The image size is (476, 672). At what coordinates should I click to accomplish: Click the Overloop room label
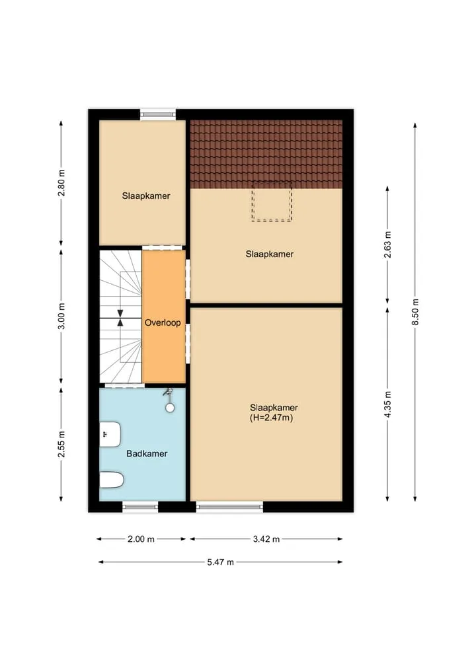(x=163, y=322)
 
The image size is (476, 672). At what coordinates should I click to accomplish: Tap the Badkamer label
(x=147, y=453)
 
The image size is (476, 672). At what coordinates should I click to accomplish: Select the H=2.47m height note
(x=272, y=418)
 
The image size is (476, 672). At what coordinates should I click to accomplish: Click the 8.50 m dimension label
(x=415, y=312)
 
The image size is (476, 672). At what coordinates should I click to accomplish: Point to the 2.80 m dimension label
(x=61, y=183)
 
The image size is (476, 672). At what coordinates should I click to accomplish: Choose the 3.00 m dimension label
(x=61, y=317)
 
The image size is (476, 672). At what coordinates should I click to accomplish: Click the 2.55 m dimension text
(x=61, y=444)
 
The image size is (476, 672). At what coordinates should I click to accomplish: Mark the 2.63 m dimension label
(x=387, y=244)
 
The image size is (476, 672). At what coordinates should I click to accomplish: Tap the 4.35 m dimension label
(x=387, y=404)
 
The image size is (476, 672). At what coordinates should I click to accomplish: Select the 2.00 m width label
(x=141, y=539)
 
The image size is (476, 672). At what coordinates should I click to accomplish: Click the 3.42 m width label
(x=266, y=539)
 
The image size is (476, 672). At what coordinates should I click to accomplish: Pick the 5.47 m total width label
(x=220, y=562)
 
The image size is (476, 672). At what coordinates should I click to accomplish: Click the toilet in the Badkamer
(x=112, y=480)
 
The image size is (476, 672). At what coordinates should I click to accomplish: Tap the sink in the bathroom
(x=110, y=435)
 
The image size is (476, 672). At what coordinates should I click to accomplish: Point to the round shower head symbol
(x=170, y=408)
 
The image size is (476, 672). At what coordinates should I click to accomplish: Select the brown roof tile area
(x=266, y=154)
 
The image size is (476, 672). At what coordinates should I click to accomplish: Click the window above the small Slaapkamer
(x=158, y=114)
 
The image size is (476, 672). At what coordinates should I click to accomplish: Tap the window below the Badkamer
(x=140, y=507)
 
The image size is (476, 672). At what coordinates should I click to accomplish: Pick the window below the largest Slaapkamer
(x=230, y=507)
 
